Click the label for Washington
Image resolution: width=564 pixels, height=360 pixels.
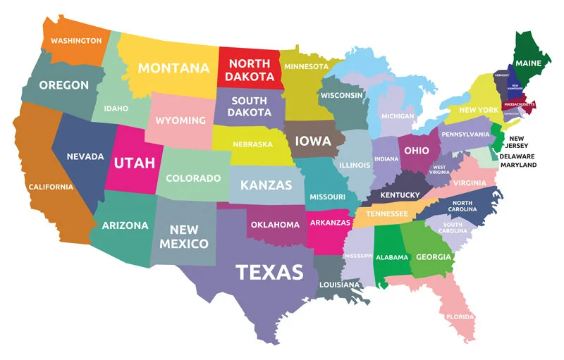click(76, 41)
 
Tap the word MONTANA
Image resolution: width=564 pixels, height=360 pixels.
click(173, 68)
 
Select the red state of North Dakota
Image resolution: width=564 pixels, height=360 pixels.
click(250, 69)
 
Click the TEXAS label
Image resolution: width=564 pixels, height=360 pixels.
click(269, 272)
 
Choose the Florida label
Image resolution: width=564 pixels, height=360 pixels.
click(460, 316)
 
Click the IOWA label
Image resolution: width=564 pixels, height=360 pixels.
click(312, 141)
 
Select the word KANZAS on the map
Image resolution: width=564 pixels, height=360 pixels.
click(266, 185)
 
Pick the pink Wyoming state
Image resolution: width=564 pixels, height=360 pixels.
click(180, 120)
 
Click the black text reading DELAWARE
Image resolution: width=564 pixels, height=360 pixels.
click(517, 156)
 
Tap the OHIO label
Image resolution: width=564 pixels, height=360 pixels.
click(416, 150)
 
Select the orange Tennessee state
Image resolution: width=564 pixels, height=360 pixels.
click(386, 213)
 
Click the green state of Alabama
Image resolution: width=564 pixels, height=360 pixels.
click(389, 257)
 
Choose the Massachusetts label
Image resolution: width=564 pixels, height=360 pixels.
click(518, 104)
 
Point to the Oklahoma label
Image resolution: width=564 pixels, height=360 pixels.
click(275, 225)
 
